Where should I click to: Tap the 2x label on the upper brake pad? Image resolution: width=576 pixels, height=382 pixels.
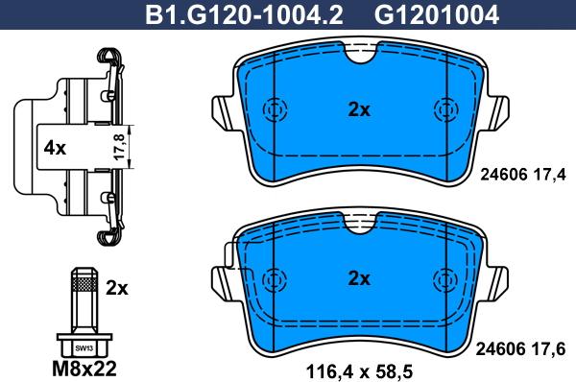(358, 109)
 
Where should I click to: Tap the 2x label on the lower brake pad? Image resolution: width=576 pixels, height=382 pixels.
(358, 278)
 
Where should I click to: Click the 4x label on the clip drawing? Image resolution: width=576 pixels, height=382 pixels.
(55, 149)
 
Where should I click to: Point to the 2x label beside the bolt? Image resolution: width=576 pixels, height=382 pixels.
(117, 287)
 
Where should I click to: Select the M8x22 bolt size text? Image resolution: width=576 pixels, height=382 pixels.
(84, 368)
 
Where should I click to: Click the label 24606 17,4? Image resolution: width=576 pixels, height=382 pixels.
(523, 173)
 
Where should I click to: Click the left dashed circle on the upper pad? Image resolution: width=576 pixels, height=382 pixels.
(276, 108)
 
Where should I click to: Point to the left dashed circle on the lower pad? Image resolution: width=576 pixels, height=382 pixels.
(276, 277)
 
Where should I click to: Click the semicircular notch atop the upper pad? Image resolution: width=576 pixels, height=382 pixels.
(359, 59)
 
